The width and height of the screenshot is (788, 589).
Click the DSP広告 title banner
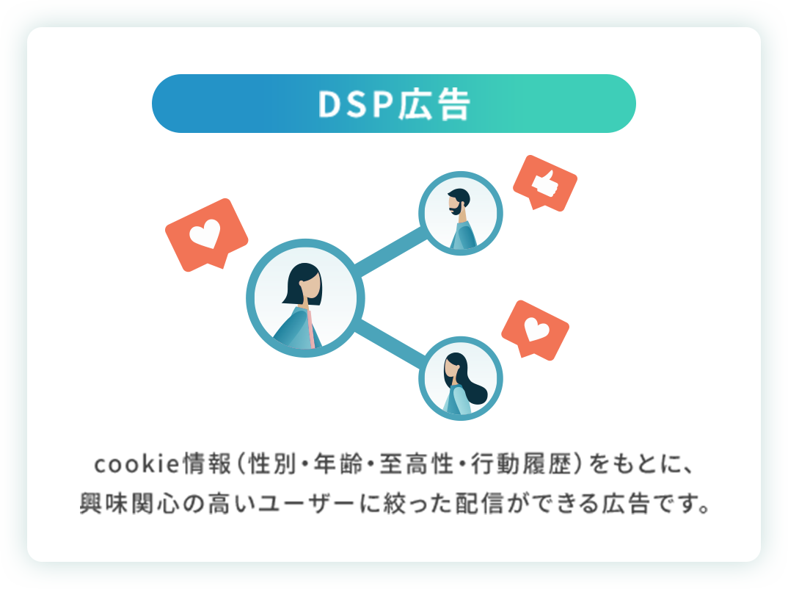tap(393, 104)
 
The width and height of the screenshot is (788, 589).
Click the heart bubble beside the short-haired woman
tap(205, 234)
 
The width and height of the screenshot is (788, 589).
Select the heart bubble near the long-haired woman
tap(535, 330)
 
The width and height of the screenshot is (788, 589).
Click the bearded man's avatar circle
tap(461, 214)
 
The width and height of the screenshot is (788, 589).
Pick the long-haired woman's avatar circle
tap(461, 379)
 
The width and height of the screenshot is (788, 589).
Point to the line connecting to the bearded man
tap(392, 253)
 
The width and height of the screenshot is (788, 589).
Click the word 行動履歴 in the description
tap(524, 465)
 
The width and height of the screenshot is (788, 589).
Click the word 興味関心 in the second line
tap(125, 506)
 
